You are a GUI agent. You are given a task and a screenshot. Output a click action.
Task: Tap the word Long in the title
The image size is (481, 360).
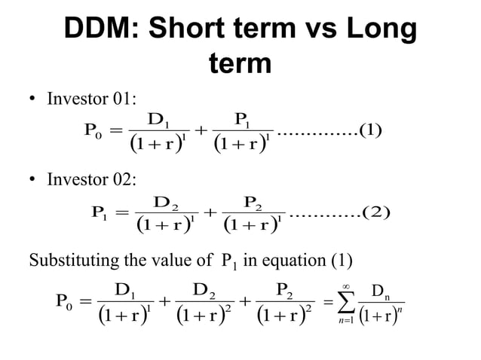click(x=376, y=29)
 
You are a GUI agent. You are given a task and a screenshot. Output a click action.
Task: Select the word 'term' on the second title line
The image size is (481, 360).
click(x=240, y=65)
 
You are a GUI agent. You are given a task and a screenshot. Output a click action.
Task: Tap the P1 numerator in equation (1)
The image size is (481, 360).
click(x=244, y=118)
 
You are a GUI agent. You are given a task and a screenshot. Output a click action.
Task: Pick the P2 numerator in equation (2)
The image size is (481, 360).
click(x=256, y=201)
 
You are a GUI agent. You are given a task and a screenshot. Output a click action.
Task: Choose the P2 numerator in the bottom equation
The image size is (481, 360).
click(x=286, y=288)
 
